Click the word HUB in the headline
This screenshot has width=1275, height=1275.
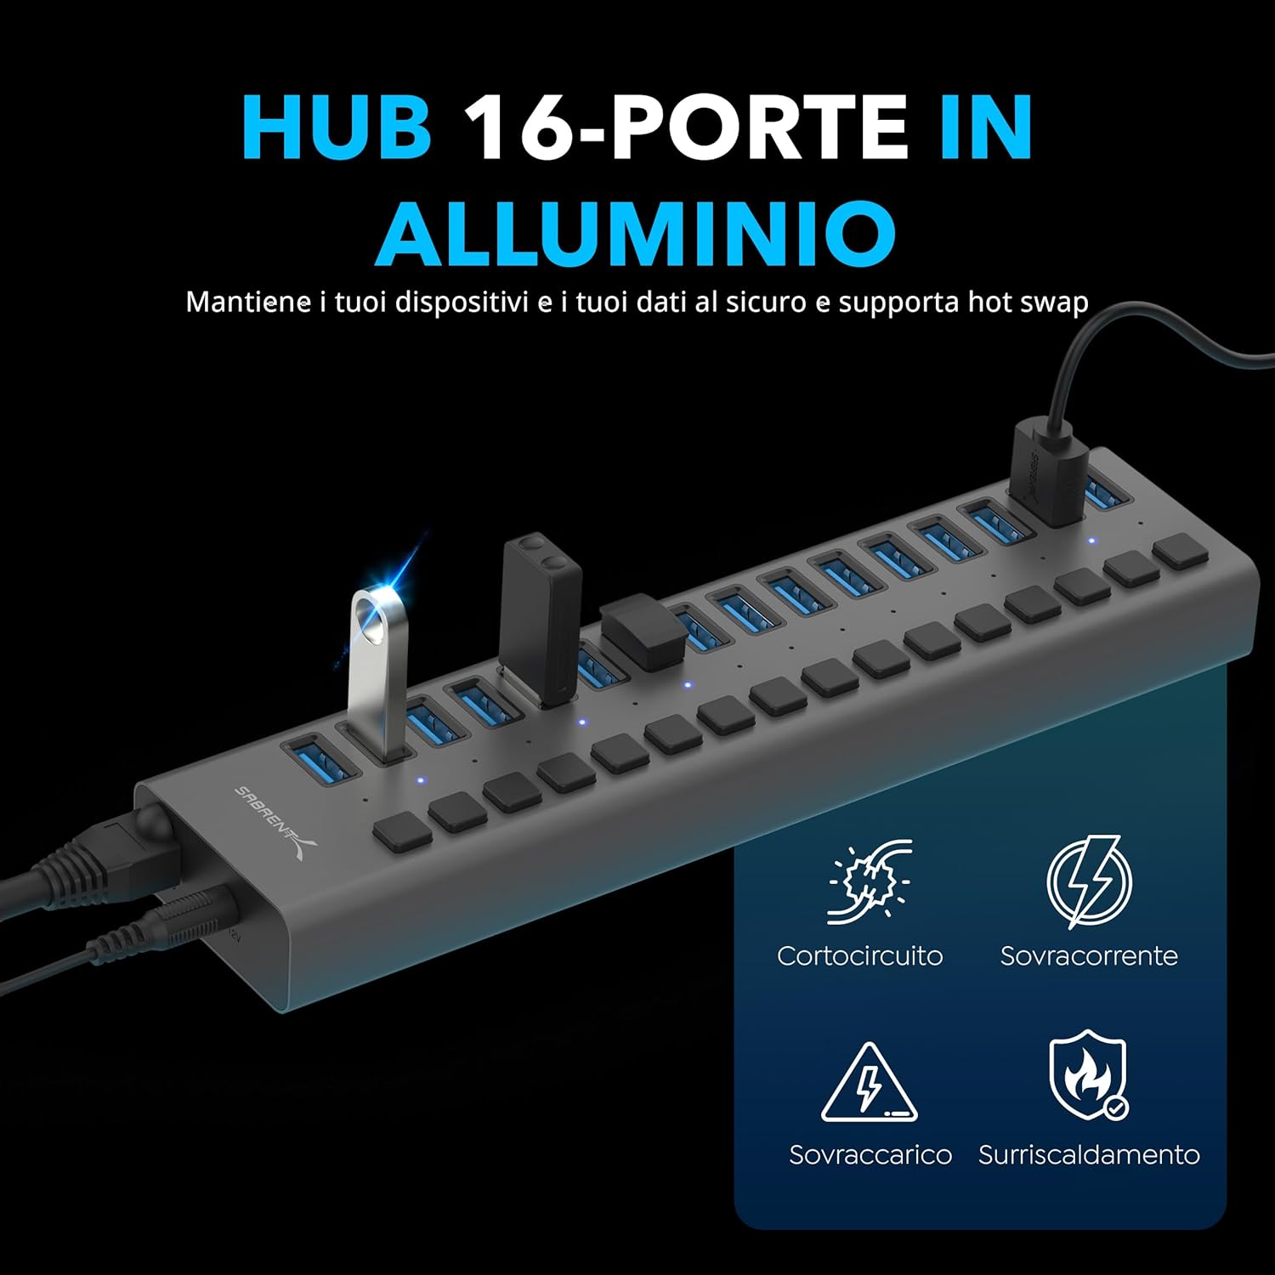click(337, 127)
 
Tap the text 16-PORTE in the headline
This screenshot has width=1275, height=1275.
click(688, 127)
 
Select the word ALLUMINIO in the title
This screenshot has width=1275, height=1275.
click(636, 231)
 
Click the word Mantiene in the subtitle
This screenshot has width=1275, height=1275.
click(248, 302)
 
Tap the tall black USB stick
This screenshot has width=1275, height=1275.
click(542, 616)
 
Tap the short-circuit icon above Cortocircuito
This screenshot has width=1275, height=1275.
click(869, 881)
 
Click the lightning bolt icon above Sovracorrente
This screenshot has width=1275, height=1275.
click(1089, 881)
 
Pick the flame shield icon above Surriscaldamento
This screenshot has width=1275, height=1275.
click(1088, 1075)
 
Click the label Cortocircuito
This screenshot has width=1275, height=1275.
click(859, 955)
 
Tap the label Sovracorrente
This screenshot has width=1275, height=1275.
click(1089, 955)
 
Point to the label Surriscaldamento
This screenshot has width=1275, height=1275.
click(1089, 1154)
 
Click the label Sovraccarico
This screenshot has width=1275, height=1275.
click(870, 1154)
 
